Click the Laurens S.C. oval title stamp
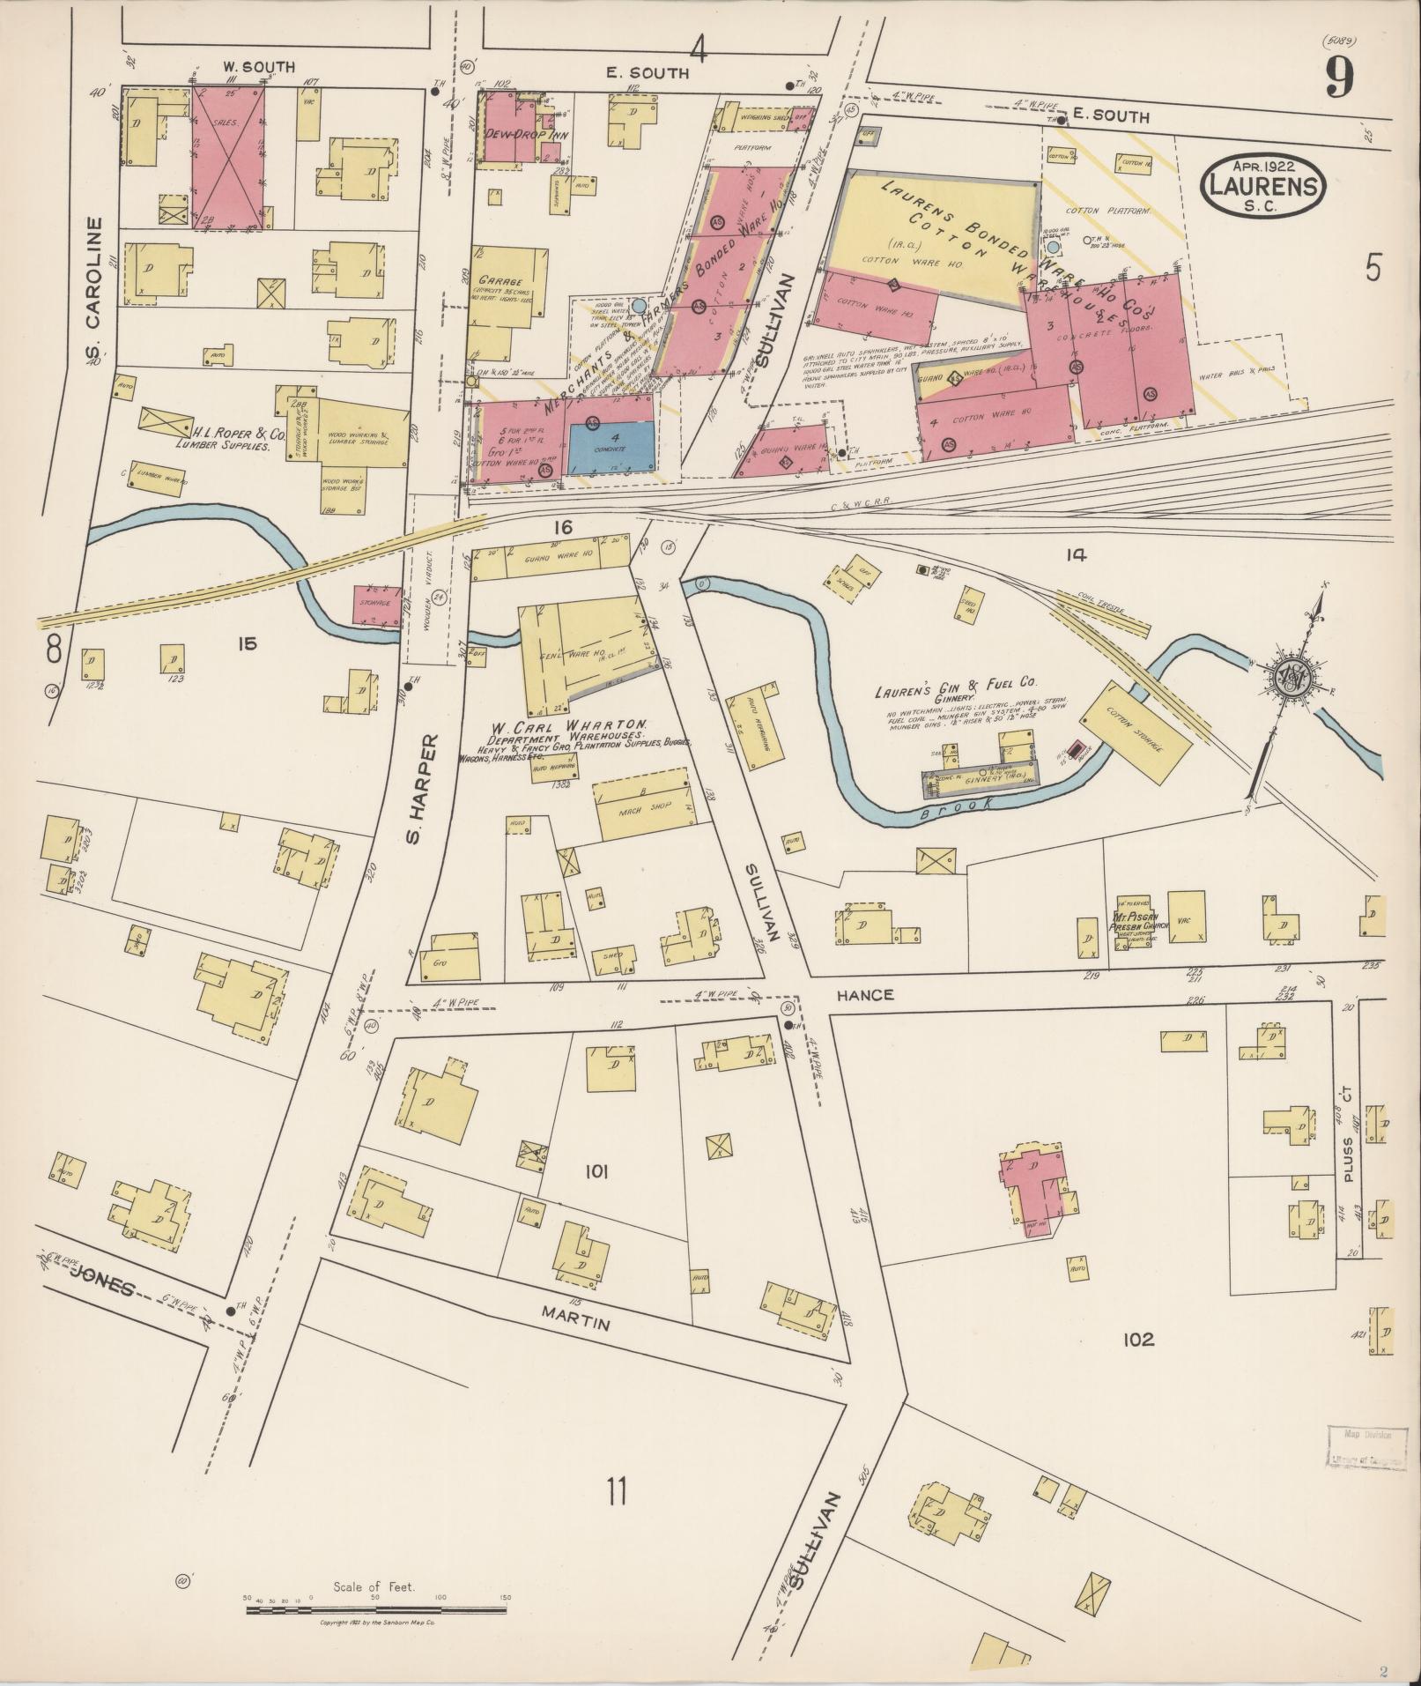pyautogui.click(x=1262, y=186)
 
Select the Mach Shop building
pyautogui.click(x=643, y=806)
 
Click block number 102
pyautogui.click(x=1137, y=1364)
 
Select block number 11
pyautogui.click(x=616, y=1491)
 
